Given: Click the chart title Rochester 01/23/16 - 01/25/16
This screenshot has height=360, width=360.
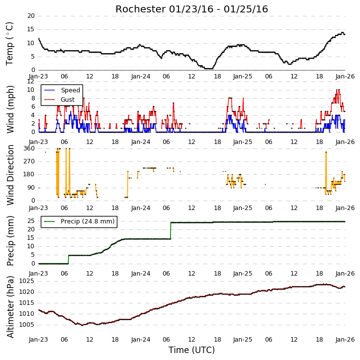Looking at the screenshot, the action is tap(191, 9).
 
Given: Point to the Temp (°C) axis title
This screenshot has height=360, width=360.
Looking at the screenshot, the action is tap(9, 44).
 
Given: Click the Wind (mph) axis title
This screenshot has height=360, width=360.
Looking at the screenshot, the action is tap(10, 109).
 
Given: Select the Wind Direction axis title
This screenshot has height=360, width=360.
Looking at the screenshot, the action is tap(10, 175).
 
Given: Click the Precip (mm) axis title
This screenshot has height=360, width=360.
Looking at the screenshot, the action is tap(10, 241).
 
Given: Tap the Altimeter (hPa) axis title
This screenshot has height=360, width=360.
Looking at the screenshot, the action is tap(10, 307).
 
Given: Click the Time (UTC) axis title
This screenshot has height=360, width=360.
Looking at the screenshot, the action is tap(191, 350).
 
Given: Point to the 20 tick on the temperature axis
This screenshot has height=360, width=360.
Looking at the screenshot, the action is tap(31, 16).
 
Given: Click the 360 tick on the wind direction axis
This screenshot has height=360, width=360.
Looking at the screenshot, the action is tap(29, 148).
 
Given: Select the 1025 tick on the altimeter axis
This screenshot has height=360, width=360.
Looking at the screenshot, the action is tap(26, 281).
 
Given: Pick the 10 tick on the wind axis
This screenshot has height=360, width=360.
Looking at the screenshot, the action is tap(31, 90).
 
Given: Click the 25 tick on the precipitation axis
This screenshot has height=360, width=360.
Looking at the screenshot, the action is tap(31, 221).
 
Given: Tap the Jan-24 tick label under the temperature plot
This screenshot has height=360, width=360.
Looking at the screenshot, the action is tap(141, 76).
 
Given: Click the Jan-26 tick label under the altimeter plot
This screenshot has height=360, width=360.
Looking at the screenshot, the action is tap(345, 339).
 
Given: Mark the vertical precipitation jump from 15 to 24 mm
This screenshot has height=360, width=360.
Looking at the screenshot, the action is tap(171, 231).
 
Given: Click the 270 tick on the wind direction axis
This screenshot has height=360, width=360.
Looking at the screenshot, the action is tap(29, 161).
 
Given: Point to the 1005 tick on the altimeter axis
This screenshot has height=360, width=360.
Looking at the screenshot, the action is tap(26, 325).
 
